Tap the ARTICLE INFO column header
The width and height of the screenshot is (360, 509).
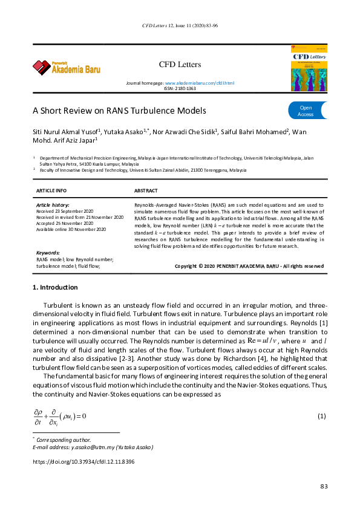[52, 190]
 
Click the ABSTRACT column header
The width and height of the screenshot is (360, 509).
[146, 190]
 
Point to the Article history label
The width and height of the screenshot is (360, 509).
[53, 206]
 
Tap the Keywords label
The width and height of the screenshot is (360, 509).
[48, 253]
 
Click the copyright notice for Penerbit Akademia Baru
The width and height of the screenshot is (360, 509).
[249, 266]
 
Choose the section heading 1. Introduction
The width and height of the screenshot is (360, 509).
[55, 287]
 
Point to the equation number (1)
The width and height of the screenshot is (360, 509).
[322, 416]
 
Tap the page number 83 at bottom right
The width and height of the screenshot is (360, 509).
[323, 487]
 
